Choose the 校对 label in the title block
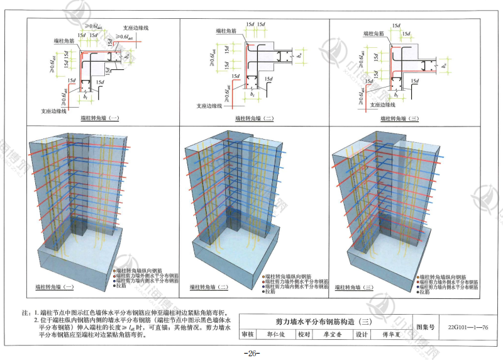304,335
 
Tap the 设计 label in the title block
362,335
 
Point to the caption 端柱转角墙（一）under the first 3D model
50,288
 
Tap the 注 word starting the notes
26,312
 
